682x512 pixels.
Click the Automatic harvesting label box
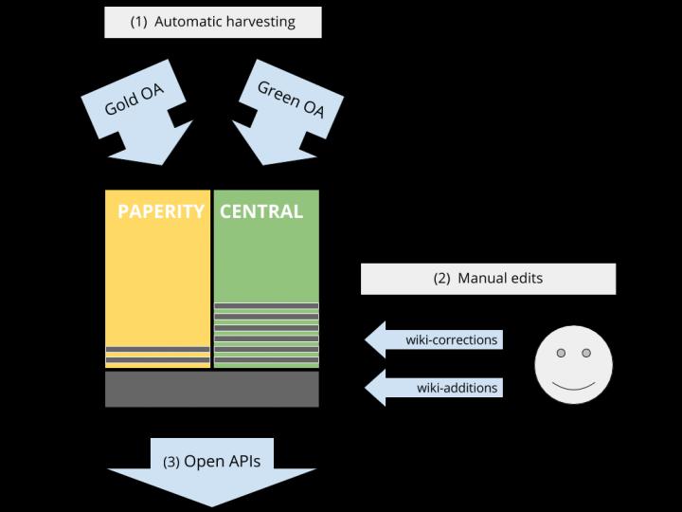212,22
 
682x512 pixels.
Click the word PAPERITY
160,211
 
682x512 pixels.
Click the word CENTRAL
261,211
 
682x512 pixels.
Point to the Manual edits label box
488,279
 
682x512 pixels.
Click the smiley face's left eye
561,354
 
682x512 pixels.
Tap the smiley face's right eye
585,354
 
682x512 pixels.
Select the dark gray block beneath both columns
211,389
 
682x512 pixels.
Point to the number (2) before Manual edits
441,279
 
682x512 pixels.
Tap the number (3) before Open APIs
171,463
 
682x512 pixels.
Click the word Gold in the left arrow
119,106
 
